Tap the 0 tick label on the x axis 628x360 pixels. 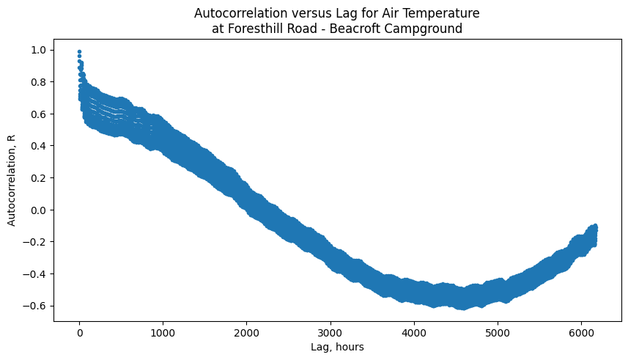click(80, 332)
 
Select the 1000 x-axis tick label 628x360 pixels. click(163, 332)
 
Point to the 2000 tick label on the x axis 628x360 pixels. click(247, 332)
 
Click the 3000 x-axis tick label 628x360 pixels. click(330, 332)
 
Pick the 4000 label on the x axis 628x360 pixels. click(414, 332)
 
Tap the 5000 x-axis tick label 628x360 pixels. click(498, 332)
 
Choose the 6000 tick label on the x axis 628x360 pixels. click(581, 332)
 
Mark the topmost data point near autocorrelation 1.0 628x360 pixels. click(79, 52)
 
